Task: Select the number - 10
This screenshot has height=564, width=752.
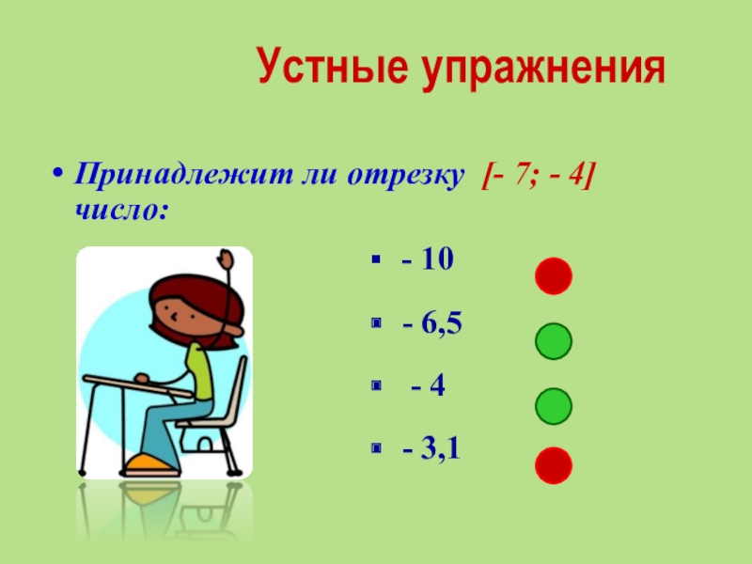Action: (x=429, y=260)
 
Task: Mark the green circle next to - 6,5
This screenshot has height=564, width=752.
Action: (x=554, y=341)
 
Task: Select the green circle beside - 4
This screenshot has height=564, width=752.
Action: (x=554, y=405)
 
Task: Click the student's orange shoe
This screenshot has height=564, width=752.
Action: (x=150, y=462)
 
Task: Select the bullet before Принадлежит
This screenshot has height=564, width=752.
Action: (x=58, y=177)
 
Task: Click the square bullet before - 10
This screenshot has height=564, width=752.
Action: (x=375, y=260)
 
